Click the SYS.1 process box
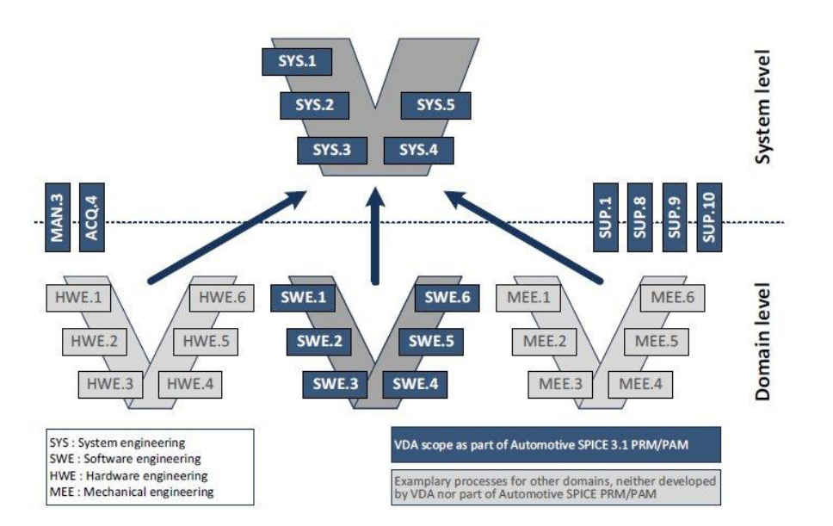pos(295,62)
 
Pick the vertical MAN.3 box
pos(60,217)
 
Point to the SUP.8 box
pos(640,217)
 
